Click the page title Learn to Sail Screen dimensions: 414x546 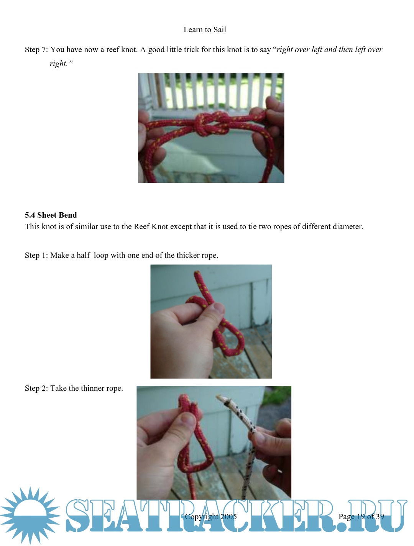pyautogui.click(x=205, y=30)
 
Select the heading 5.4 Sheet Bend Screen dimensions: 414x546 pyautogui.click(x=51, y=215)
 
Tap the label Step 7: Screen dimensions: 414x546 pyautogui.click(x=36, y=49)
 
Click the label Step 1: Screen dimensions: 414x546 pyautogui.click(x=36, y=255)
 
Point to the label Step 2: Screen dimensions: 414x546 pyautogui.click(x=36, y=388)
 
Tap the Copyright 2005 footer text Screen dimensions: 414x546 pyautogui.click(x=211, y=516)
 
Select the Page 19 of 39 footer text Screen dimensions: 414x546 pyautogui.click(x=361, y=516)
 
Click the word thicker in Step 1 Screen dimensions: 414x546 pyautogui.click(x=188, y=255)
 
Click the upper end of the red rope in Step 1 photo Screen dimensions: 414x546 pyautogui.click(x=197, y=273)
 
